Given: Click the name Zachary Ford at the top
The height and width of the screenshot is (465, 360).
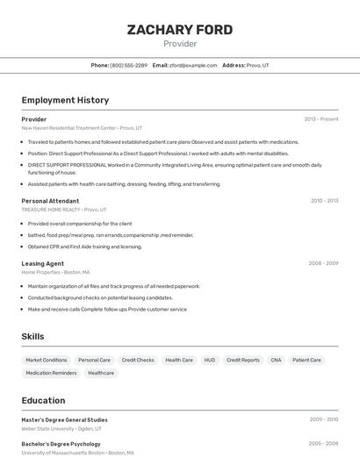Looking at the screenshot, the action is tap(180, 30).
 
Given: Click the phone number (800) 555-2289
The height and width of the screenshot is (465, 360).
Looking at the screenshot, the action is tap(128, 65).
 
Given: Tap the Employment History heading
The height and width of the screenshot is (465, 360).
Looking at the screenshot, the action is tap(65, 100).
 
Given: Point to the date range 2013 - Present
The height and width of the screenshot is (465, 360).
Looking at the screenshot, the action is tap(321, 119).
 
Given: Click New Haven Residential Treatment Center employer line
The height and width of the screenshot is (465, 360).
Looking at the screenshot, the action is tap(81, 128).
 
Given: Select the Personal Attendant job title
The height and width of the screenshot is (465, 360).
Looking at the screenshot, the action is tap(50, 201).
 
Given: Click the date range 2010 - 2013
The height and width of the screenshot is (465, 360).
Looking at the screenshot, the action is tap(324, 201).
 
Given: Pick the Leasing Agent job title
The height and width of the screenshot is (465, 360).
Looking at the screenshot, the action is tap(42, 263).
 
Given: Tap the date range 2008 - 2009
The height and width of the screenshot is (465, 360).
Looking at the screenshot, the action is tap(324, 263).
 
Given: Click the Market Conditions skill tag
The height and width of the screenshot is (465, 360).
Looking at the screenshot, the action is tap(47, 360).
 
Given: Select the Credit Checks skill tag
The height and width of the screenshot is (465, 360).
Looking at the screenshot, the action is tap(138, 360).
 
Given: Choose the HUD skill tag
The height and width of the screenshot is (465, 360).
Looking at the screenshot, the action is tap(209, 360).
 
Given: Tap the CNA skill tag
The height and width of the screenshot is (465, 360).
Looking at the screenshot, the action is tap(276, 360).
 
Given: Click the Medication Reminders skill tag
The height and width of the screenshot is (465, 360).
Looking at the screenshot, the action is tap(51, 373).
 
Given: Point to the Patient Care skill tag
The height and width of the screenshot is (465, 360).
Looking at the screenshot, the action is tap(306, 360).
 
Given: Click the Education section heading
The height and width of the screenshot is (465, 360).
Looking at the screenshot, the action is tap(43, 400).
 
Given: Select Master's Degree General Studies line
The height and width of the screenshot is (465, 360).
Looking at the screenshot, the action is tap(64, 420).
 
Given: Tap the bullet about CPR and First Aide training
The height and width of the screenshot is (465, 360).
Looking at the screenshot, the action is tap(84, 247).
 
